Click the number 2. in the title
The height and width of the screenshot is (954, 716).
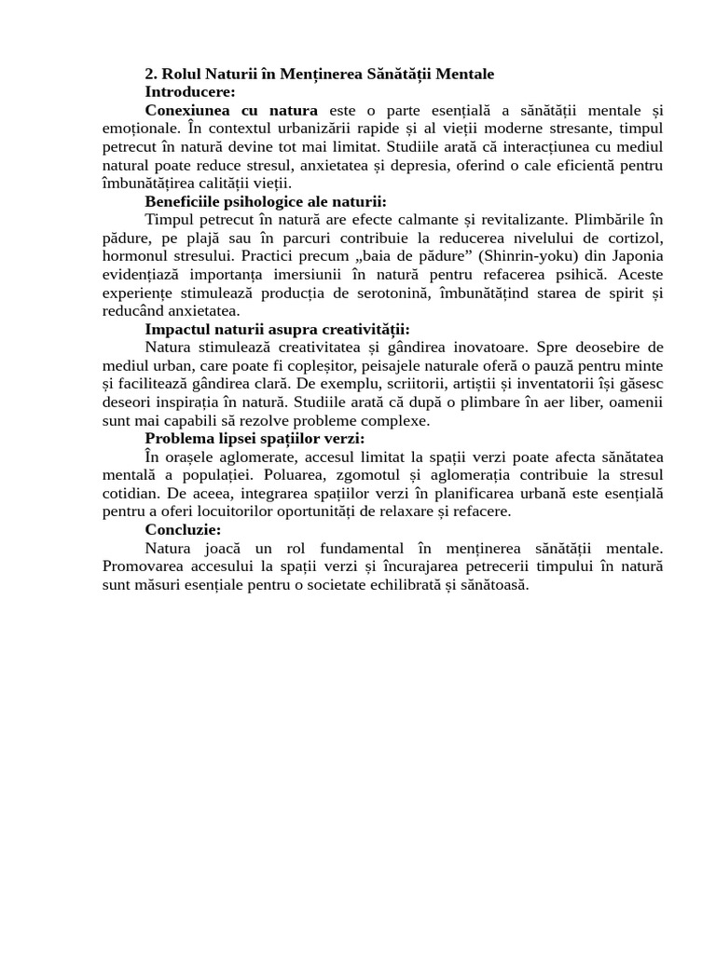tap(152, 74)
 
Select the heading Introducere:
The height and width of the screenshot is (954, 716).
tap(190, 91)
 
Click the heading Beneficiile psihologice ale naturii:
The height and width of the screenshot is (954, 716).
tap(266, 201)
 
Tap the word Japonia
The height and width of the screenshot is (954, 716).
tap(636, 256)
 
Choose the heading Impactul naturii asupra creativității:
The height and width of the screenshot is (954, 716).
tap(277, 329)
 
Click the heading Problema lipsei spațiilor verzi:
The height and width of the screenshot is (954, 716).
tap(255, 439)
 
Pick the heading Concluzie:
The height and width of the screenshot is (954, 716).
tap(183, 530)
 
